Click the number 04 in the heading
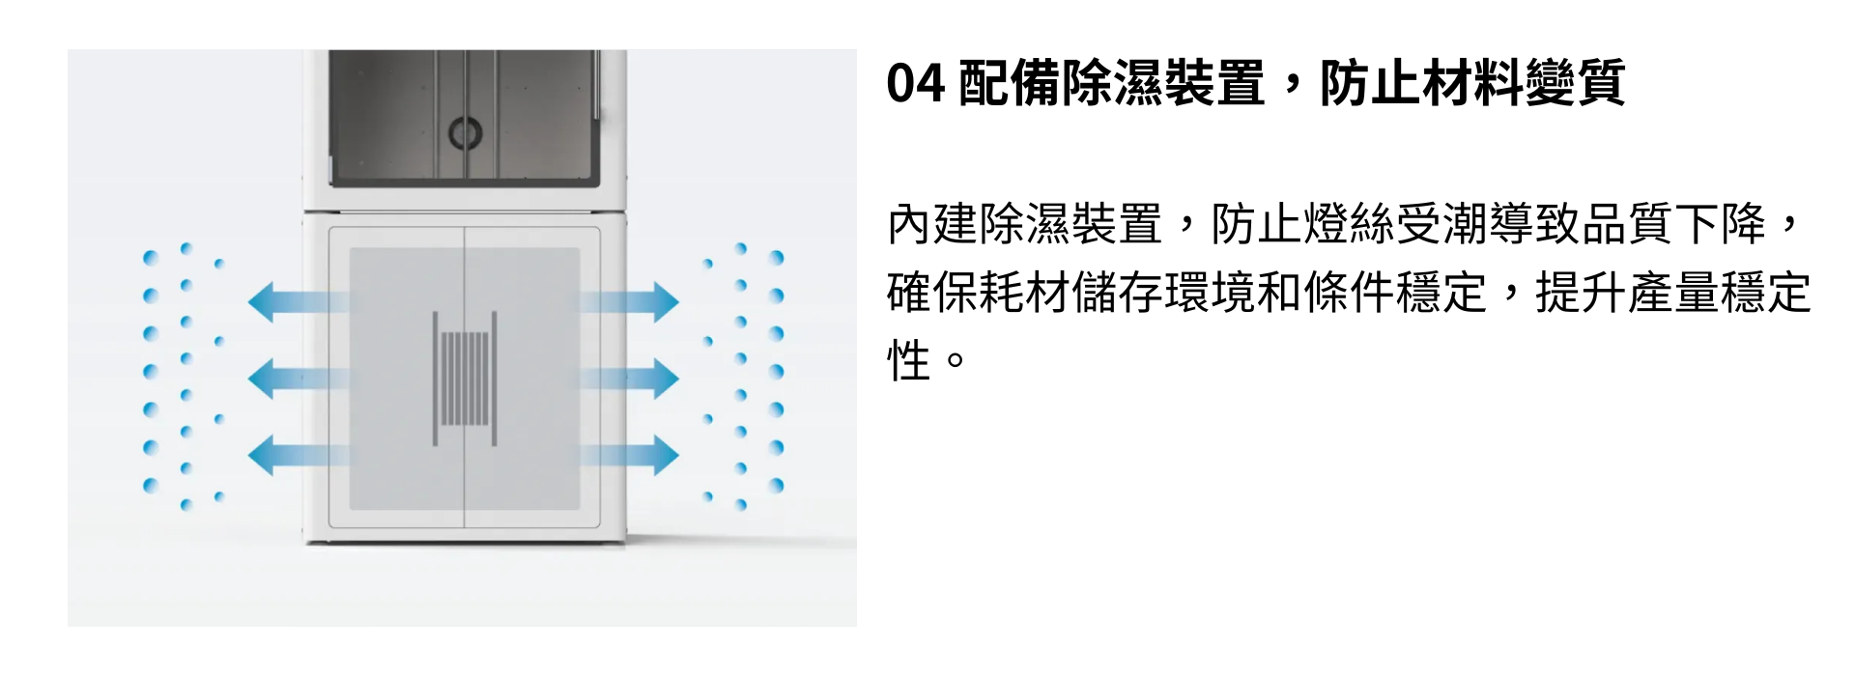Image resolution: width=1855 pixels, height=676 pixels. (x=915, y=84)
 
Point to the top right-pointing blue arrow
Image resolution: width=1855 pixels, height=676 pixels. (x=629, y=302)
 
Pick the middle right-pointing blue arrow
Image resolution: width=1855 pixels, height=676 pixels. (x=629, y=379)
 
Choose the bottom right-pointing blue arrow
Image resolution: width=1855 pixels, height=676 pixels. (x=629, y=455)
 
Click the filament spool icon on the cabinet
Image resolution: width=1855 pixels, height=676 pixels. (x=465, y=379)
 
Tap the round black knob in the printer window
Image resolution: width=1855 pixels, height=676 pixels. (x=465, y=132)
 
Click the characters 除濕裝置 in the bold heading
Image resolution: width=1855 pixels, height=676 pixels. (x=1163, y=84)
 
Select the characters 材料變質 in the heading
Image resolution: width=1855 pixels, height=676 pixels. (x=1523, y=84)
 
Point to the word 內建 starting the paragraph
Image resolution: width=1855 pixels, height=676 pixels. (x=933, y=225)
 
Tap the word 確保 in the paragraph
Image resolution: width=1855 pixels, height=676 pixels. (x=933, y=293)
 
